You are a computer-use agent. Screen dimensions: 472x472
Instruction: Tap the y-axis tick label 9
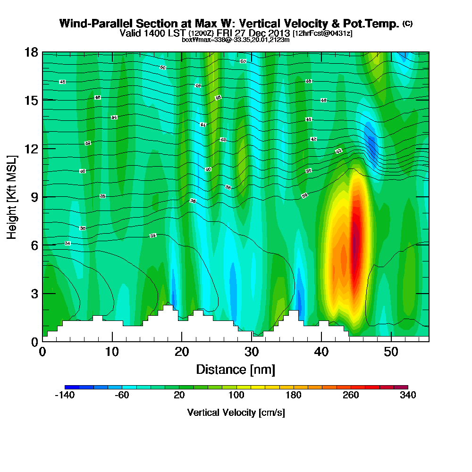(34, 197)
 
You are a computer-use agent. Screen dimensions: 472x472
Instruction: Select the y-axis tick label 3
(34, 294)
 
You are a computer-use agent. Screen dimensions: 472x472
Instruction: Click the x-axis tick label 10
(112, 352)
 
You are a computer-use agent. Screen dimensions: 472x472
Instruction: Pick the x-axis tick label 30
(251, 352)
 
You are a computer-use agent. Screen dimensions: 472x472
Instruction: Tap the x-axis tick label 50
(391, 352)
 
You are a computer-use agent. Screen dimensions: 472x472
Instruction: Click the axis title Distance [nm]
(236, 369)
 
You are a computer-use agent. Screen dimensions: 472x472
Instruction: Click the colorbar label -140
(65, 396)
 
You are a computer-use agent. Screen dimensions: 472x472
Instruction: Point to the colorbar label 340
(407, 396)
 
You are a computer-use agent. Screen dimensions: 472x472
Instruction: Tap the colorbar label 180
(294, 396)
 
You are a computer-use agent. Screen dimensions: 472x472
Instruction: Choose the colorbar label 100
(236, 396)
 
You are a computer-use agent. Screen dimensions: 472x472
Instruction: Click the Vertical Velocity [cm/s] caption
(236, 413)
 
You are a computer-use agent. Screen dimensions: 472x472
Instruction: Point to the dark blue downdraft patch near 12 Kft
(371, 144)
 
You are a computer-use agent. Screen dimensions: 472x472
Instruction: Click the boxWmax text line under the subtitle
(236, 40)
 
